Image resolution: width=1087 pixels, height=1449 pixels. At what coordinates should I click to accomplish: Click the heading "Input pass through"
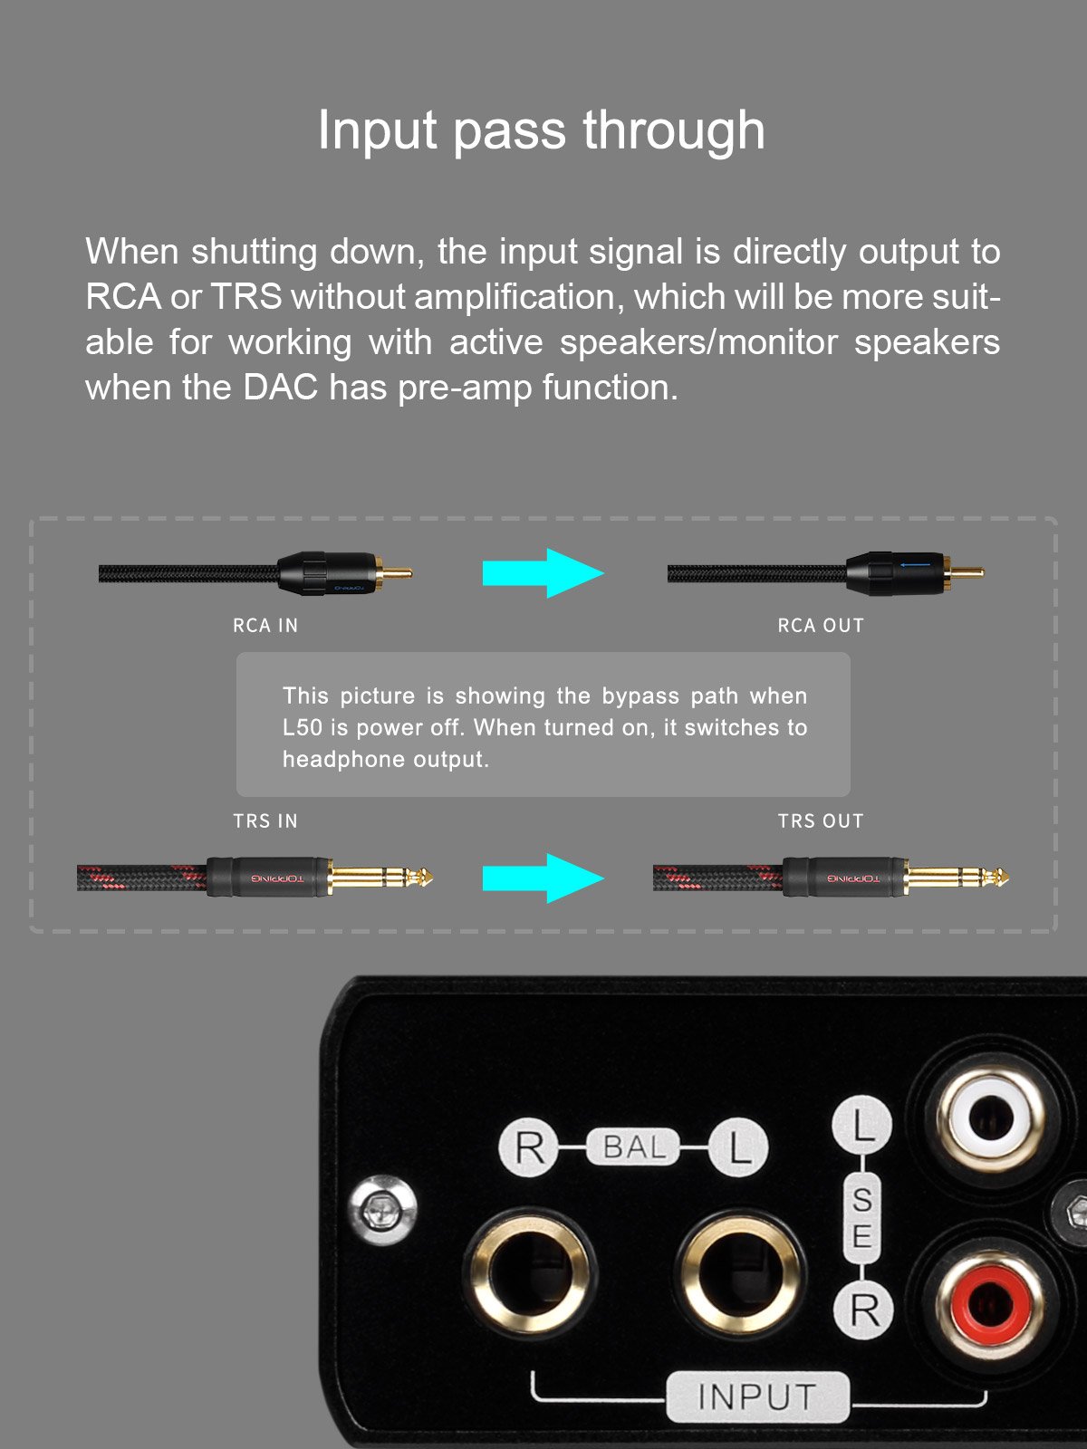[542, 130]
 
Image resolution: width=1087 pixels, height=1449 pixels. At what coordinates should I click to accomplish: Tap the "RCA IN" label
[265, 626]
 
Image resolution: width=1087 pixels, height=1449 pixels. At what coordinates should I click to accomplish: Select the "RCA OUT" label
[821, 626]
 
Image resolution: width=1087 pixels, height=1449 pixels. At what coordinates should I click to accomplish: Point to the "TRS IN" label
[265, 821]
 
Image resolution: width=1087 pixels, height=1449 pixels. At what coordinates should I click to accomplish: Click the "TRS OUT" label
[821, 821]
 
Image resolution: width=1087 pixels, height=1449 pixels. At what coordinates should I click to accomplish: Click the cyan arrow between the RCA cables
[543, 572]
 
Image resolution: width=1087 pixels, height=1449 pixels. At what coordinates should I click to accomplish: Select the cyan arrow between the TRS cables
[543, 878]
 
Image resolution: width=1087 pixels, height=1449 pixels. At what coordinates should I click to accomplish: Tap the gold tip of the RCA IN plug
[395, 572]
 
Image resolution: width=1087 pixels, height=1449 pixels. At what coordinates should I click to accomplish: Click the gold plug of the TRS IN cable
[379, 877]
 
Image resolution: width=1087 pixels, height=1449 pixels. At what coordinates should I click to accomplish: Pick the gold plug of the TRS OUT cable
[955, 877]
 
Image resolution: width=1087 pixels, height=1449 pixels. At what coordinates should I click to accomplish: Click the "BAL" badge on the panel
[633, 1147]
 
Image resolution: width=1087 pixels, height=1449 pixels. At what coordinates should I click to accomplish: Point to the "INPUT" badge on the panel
[757, 1396]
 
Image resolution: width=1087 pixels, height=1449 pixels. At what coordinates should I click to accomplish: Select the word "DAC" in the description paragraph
[280, 388]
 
